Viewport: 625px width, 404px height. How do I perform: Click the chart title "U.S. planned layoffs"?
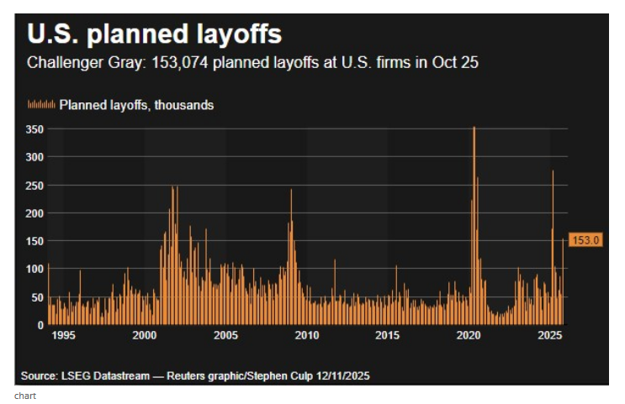click(154, 34)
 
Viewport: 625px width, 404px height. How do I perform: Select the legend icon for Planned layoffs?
click(41, 105)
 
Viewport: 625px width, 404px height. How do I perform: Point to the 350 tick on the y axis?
click(34, 129)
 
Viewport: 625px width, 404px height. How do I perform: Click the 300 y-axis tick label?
click(34, 157)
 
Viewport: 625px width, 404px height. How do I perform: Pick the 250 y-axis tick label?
click(34, 185)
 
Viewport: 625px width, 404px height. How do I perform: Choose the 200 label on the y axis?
click(34, 213)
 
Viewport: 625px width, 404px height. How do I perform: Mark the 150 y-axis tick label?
click(34, 241)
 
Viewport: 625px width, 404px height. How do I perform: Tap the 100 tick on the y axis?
click(34, 269)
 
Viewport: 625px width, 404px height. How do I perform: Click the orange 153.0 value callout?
click(585, 240)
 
